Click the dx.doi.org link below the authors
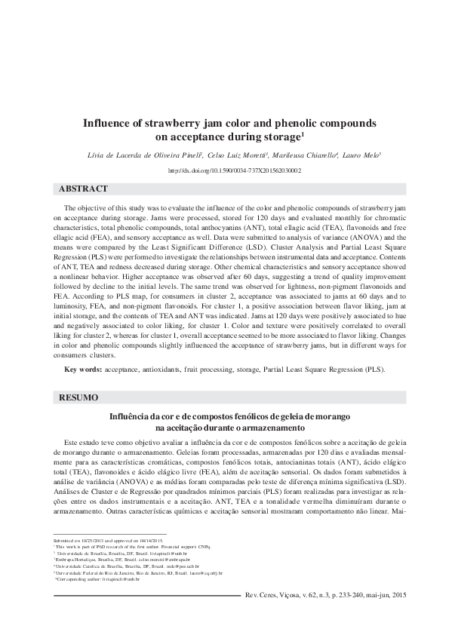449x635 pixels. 224,171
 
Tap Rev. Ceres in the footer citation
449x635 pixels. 264,616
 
